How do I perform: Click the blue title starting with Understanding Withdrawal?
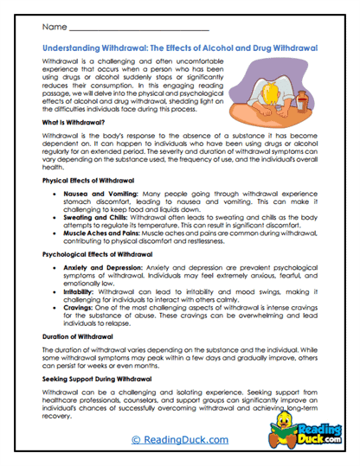click(179, 50)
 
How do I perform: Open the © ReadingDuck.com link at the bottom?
click(179, 440)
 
